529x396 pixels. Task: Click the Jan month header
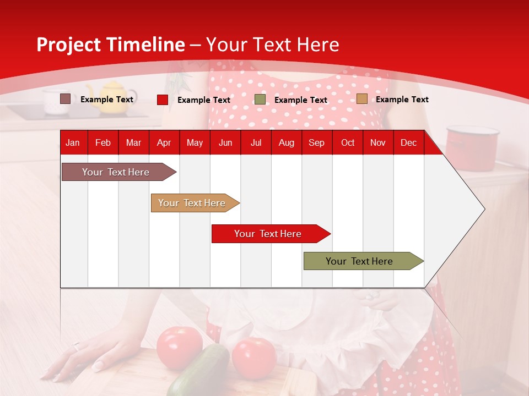(73, 143)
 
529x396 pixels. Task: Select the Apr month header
(164, 143)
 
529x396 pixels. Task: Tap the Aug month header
(286, 143)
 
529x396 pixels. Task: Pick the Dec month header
(408, 143)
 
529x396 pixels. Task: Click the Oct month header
(348, 143)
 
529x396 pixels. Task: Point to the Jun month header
(225, 143)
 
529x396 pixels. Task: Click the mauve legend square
(66, 99)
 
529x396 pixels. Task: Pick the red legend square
(163, 100)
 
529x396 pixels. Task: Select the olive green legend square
(260, 99)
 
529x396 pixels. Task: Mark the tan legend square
(362, 99)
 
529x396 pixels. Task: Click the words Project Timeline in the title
(110, 45)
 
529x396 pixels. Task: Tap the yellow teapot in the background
(111, 98)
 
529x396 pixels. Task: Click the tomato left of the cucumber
(179, 348)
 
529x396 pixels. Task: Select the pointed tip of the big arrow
(483, 209)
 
